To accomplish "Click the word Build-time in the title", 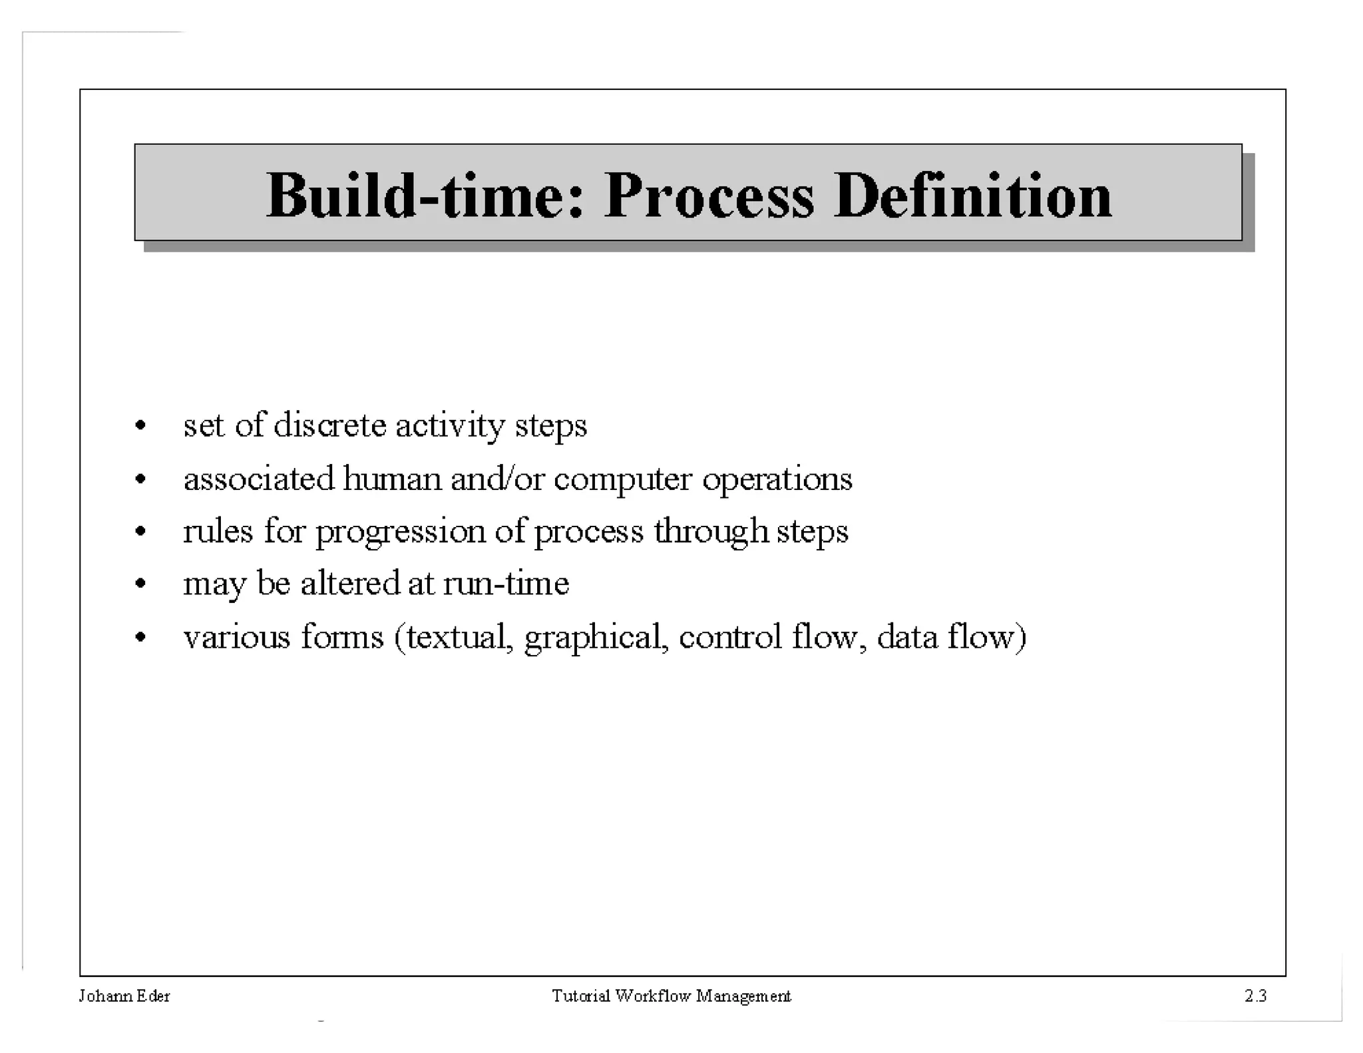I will point(424,196).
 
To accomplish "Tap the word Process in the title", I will point(708,196).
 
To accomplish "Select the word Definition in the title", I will point(972,196).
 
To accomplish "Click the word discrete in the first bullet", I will point(329,425).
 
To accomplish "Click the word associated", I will point(258,479).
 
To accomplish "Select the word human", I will point(392,479).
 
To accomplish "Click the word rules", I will point(218,531).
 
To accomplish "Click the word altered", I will point(350,584).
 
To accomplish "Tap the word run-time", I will point(506,584).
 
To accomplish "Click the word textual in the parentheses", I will point(459,637).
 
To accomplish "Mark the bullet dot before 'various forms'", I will point(140,638).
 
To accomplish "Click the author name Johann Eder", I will point(124,996).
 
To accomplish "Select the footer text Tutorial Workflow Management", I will point(671,996).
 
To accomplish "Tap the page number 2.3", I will point(1255,996).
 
